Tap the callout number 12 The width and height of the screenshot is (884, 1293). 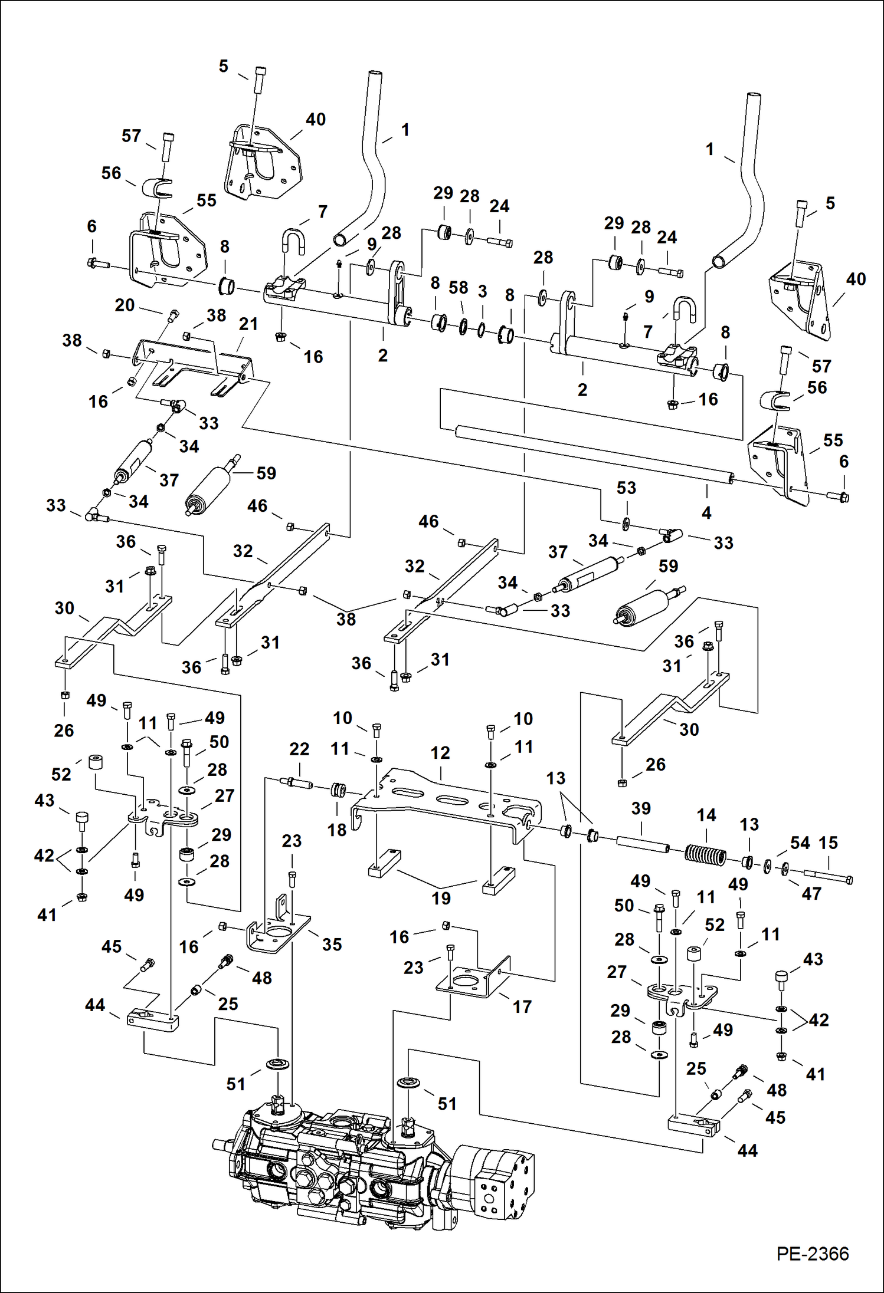[x=440, y=753]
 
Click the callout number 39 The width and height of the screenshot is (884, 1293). [x=641, y=808]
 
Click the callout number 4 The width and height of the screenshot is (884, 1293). [x=706, y=513]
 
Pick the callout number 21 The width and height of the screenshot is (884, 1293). [x=248, y=324]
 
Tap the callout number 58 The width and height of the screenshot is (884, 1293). [x=458, y=288]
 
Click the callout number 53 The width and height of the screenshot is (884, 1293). [x=626, y=488]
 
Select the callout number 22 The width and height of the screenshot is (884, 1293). [x=299, y=749]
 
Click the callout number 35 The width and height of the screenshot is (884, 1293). [x=332, y=945]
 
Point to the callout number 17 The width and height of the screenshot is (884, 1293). [x=522, y=1006]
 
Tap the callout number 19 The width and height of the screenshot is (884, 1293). [x=440, y=899]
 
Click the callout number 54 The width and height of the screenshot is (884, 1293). [x=800, y=843]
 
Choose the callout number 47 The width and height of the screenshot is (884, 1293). [x=811, y=894]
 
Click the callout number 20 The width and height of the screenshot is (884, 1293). [x=125, y=305]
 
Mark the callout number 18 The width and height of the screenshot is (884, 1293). [x=337, y=830]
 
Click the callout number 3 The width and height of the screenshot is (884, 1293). [x=482, y=291]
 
